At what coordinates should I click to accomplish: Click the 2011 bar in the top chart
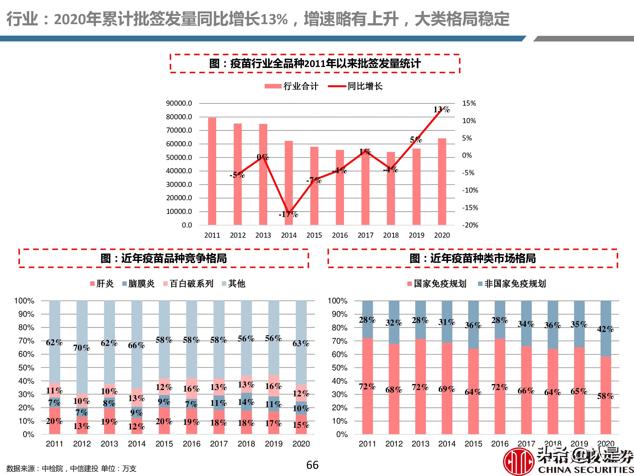(212, 171)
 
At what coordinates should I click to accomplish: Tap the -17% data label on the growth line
(288, 215)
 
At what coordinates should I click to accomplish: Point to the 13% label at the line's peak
(442, 109)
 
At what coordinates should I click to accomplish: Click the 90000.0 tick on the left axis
(179, 103)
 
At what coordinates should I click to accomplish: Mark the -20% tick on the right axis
(470, 225)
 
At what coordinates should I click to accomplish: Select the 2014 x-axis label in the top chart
(289, 235)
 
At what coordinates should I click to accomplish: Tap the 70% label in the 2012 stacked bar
(81, 348)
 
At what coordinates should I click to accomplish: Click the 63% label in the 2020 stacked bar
(301, 343)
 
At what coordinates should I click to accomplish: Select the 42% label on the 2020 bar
(605, 329)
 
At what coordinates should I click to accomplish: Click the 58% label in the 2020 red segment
(605, 396)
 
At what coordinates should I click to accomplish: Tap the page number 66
(312, 465)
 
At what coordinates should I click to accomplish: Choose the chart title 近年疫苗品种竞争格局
(164, 258)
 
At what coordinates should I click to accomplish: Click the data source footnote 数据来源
(71, 468)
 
